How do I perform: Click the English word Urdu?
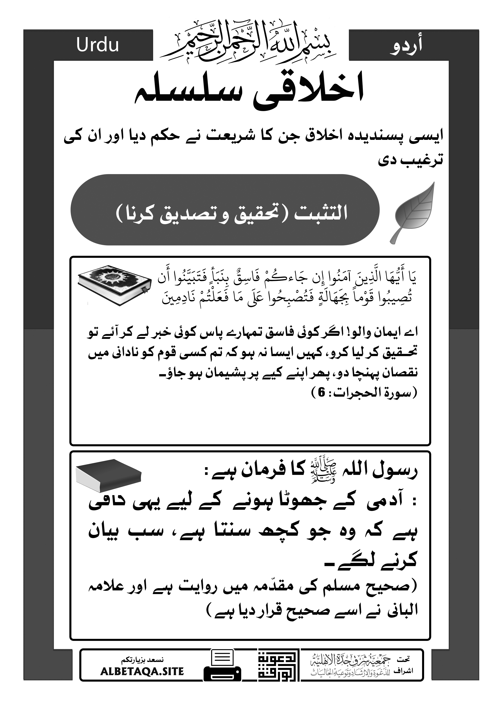tap(98, 45)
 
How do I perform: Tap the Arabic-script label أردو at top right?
tap(406, 46)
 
